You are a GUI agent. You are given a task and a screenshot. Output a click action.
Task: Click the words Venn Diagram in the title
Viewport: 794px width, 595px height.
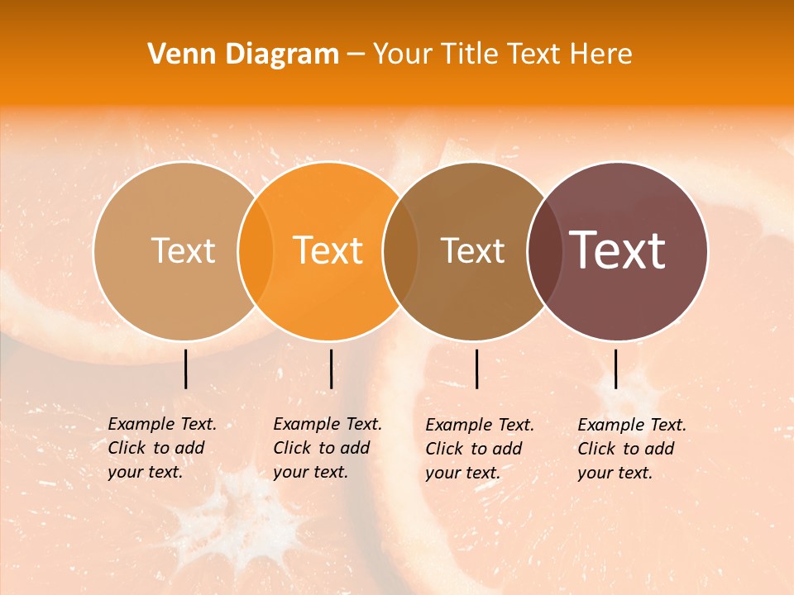coord(243,55)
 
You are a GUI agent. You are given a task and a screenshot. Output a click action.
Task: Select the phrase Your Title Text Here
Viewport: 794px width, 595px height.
coord(502,55)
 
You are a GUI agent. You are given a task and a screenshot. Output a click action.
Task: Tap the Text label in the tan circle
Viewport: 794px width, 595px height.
coord(183,251)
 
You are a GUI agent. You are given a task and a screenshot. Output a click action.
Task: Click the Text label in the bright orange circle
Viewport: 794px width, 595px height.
coord(328,251)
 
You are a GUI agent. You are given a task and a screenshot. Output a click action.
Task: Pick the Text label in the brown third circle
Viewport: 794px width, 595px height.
coord(472,251)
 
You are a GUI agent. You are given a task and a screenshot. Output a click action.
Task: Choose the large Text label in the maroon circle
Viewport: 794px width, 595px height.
coord(617,250)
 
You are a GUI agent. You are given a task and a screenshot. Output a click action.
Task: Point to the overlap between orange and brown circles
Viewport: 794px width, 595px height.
coord(400,250)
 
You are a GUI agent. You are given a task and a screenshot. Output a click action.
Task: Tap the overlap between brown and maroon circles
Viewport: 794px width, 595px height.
coord(544,250)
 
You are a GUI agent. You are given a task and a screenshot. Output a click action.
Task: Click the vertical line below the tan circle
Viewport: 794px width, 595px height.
coord(186,369)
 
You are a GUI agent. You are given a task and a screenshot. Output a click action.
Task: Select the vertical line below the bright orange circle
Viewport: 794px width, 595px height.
coord(331,369)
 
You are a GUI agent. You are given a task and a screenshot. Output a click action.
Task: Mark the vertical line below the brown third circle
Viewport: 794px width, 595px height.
coord(476,369)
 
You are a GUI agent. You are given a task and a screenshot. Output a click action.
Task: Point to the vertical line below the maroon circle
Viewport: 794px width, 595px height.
coord(615,369)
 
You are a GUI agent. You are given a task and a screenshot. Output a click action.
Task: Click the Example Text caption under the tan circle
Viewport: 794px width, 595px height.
coord(161,448)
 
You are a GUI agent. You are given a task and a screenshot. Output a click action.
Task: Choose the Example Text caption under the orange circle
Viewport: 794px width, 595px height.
coord(327,448)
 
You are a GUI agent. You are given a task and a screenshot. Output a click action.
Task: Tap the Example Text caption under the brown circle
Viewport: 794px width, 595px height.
coord(479,449)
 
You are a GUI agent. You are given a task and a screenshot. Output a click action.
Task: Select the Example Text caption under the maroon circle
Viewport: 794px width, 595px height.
coord(631,449)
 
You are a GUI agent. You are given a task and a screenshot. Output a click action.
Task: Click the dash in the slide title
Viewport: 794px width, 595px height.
coord(356,55)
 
